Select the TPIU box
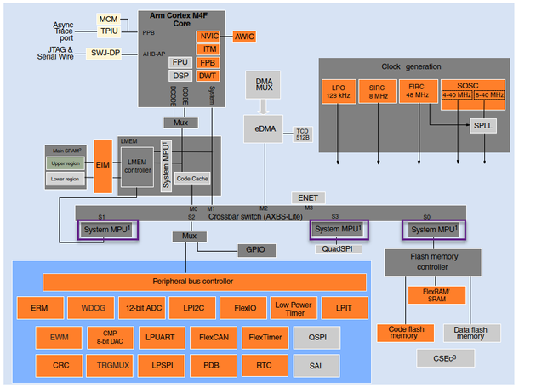click(109, 31)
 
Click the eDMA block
click(263, 128)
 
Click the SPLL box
click(482, 125)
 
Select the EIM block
click(103, 165)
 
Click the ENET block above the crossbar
click(307, 197)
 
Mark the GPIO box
click(255, 251)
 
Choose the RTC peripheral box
click(264, 366)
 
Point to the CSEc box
click(445, 358)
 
